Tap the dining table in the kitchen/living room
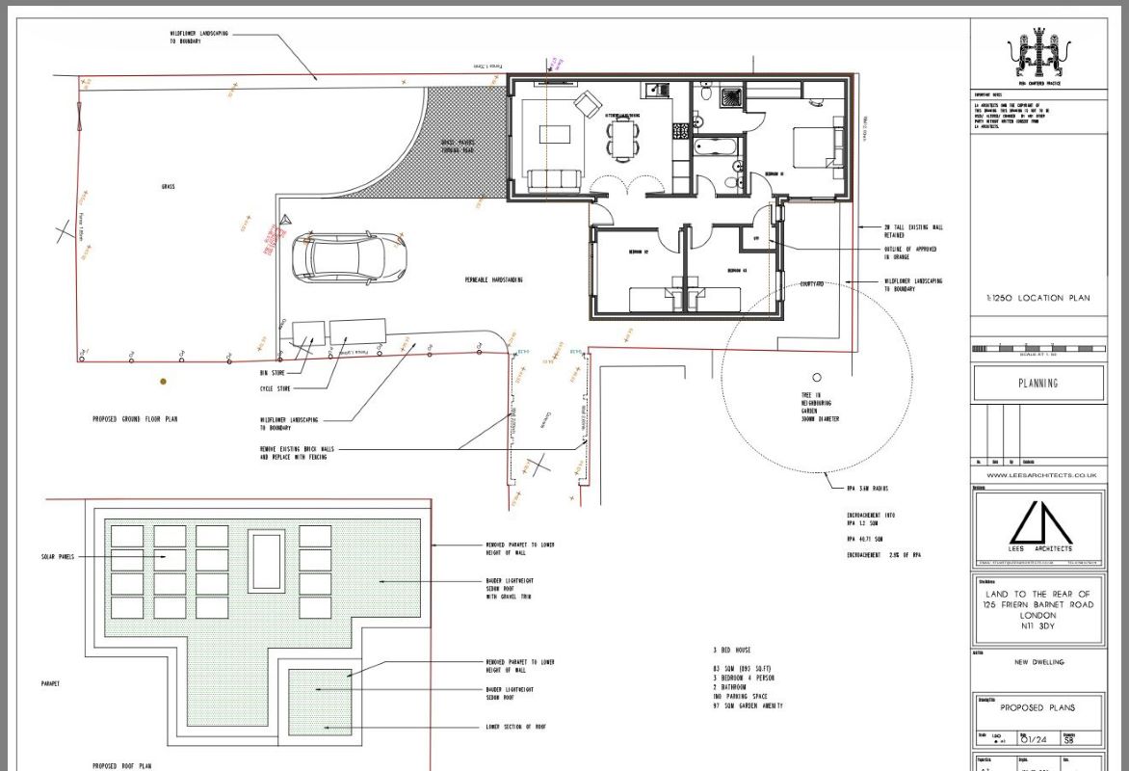click(x=622, y=144)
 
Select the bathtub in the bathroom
click(x=717, y=148)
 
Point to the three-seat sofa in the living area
click(x=552, y=178)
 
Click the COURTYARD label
click(x=812, y=284)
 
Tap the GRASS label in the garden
click(x=169, y=186)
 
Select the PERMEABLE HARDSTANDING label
click(x=493, y=279)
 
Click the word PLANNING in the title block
click(x=1037, y=383)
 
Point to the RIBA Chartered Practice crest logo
click(x=1037, y=55)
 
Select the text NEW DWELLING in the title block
click(x=1037, y=662)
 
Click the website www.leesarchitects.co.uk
click(x=1037, y=475)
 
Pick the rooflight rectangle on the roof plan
click(x=266, y=560)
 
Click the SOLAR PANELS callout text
click(x=59, y=557)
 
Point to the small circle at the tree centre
click(x=817, y=377)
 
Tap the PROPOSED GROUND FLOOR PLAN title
click(x=135, y=419)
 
